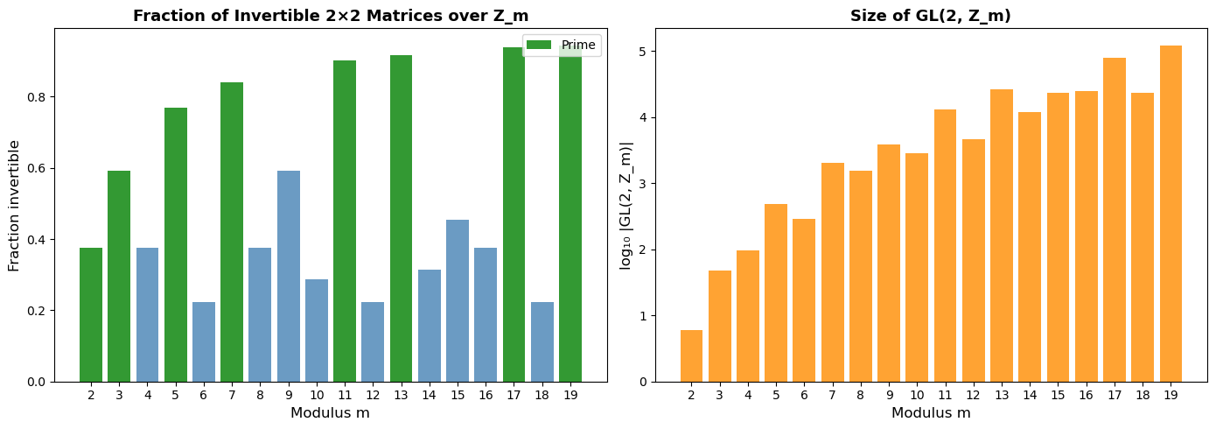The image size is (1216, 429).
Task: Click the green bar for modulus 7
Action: coord(232,232)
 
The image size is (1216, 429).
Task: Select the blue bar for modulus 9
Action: coord(289,276)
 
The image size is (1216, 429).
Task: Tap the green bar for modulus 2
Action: coord(91,315)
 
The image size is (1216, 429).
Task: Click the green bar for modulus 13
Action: coord(401,219)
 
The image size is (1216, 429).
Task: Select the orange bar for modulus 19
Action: coord(1171,214)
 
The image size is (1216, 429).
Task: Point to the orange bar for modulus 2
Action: coord(691,355)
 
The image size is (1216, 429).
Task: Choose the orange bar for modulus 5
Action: coord(776,292)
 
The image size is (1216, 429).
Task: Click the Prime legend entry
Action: coord(562,45)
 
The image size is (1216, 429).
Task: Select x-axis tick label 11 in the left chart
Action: coord(345,395)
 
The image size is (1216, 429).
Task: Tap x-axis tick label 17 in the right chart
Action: coord(1115,395)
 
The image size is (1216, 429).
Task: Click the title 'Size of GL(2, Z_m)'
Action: coord(931,15)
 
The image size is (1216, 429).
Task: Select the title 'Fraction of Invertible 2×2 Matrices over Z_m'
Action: coord(331,15)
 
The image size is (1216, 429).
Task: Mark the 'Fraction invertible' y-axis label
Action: coord(14,205)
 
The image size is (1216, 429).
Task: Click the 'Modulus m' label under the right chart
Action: coord(931,412)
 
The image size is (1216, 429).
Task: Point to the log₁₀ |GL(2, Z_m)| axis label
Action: coord(626,205)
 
